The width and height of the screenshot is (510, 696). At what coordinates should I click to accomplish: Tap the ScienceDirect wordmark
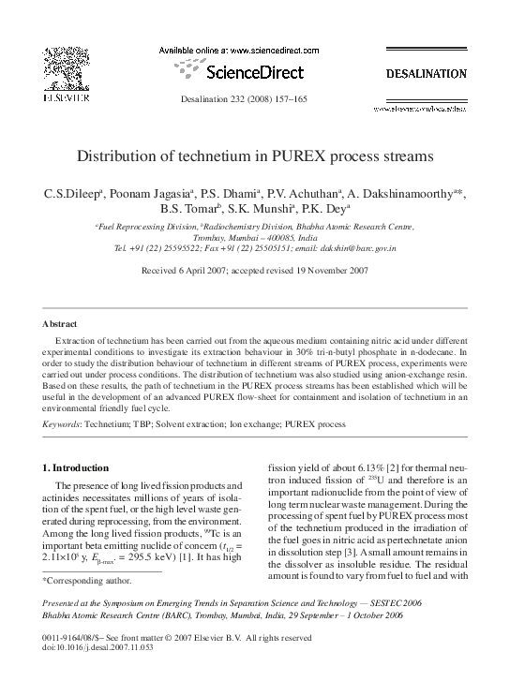[253, 71]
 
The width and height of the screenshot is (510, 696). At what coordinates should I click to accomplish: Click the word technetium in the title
[236, 156]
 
